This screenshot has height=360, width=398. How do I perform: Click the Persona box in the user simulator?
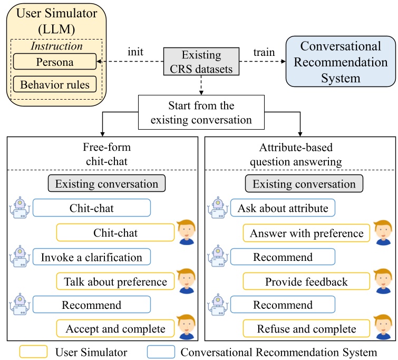pyautogui.click(x=55, y=62)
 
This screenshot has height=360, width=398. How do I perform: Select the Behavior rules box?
pyautogui.click(x=55, y=84)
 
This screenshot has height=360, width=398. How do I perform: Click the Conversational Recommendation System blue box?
pyautogui.click(x=340, y=62)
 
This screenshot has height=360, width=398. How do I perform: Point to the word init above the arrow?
pyautogui.click(x=137, y=53)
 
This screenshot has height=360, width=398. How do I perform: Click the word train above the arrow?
pyautogui.click(x=264, y=53)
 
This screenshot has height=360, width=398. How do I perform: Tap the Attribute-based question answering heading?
pyautogui.click(x=300, y=153)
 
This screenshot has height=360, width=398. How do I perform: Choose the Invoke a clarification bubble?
pyautogui.click(x=92, y=258)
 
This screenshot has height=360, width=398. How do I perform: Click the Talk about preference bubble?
pyautogui.click(x=115, y=282)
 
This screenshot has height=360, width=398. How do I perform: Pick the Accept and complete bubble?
pyautogui.click(x=115, y=329)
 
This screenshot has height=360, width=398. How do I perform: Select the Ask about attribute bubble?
pyautogui.click(x=283, y=208)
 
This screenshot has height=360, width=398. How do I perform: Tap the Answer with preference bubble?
pyautogui.click(x=306, y=233)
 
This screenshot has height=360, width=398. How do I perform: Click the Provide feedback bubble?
pyautogui.click(x=306, y=282)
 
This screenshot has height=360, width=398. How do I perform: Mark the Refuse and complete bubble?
pyautogui.click(x=306, y=329)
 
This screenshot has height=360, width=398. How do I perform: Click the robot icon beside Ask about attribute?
pyautogui.click(x=218, y=208)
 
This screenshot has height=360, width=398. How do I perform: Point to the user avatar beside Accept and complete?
pyautogui.click(x=187, y=327)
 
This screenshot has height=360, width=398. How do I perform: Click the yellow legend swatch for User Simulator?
pyautogui.click(x=33, y=352)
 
